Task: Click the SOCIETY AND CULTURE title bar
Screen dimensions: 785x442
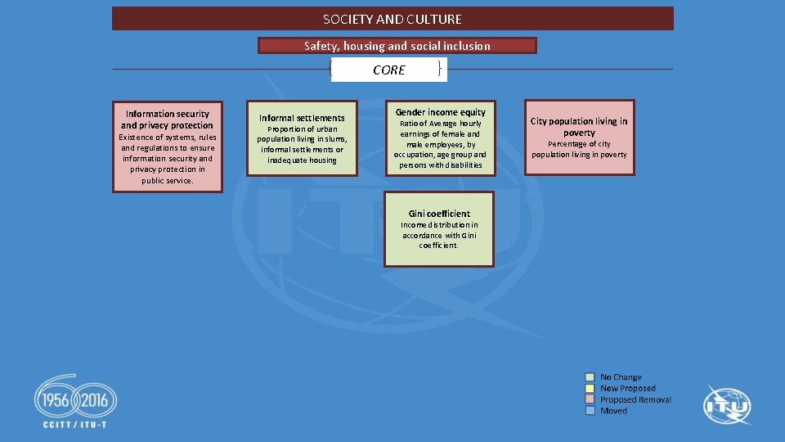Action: coord(392,19)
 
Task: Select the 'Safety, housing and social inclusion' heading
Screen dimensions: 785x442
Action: coord(397,46)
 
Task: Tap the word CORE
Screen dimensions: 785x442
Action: coord(388,70)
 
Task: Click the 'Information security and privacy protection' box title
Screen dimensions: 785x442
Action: coord(167,120)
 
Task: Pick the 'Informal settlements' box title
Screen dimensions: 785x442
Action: coord(302,118)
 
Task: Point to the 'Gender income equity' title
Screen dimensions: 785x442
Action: coord(440,112)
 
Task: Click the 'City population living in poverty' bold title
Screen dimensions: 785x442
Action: coord(579,126)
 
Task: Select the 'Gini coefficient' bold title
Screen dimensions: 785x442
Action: coord(439,214)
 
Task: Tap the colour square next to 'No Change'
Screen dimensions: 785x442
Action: coord(590,377)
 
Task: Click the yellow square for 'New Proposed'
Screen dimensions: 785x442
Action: coord(590,389)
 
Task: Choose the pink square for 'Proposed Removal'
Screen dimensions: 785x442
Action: coord(590,399)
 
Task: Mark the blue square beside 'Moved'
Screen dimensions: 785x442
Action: coord(590,411)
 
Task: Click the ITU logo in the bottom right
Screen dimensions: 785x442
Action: coord(727,404)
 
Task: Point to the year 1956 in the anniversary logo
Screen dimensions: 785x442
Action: coord(56,402)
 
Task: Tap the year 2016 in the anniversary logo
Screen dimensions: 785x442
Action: coord(96,402)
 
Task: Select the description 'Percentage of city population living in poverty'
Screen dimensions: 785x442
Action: coord(579,149)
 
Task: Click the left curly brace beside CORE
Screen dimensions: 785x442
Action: coord(330,70)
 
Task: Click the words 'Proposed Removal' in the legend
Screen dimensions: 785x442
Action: coord(635,399)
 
